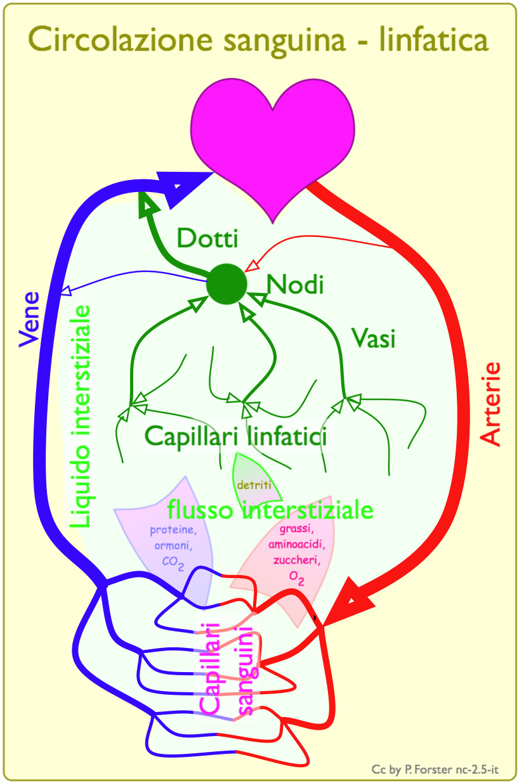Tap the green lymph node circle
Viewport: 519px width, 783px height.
tap(226, 283)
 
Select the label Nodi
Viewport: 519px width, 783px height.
tap(295, 285)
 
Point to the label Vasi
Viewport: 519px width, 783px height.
tap(374, 339)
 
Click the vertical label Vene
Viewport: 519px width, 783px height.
tap(29, 319)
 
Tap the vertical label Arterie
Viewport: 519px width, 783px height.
tap(490, 404)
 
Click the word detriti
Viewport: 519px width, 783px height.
tap(254, 486)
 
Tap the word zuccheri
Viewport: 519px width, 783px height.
tap(292, 560)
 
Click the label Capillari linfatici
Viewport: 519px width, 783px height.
tap(235, 436)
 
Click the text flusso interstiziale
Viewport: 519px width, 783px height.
tap(270, 510)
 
